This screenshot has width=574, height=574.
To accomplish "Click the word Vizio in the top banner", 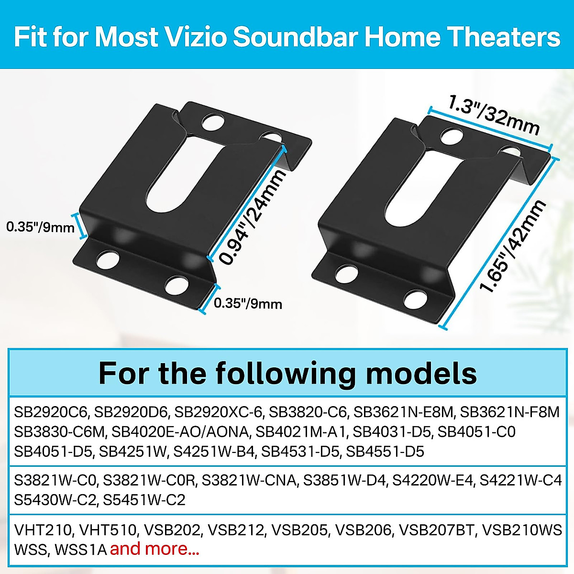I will click(197, 37).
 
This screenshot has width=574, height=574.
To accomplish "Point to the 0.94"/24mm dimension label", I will click(253, 216).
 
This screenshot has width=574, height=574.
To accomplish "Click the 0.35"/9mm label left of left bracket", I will click(40, 226).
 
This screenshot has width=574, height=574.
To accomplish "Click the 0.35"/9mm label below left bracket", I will click(248, 304).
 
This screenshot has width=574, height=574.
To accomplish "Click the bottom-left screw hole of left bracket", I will click(107, 260).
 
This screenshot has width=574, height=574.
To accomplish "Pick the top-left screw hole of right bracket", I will click(451, 135).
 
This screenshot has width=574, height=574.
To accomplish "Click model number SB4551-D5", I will click(385, 452).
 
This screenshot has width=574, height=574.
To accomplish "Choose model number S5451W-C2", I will click(144, 500).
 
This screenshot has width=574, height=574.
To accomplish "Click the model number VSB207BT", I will click(437, 530).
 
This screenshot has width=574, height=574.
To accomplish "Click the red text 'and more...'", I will click(155, 549).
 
